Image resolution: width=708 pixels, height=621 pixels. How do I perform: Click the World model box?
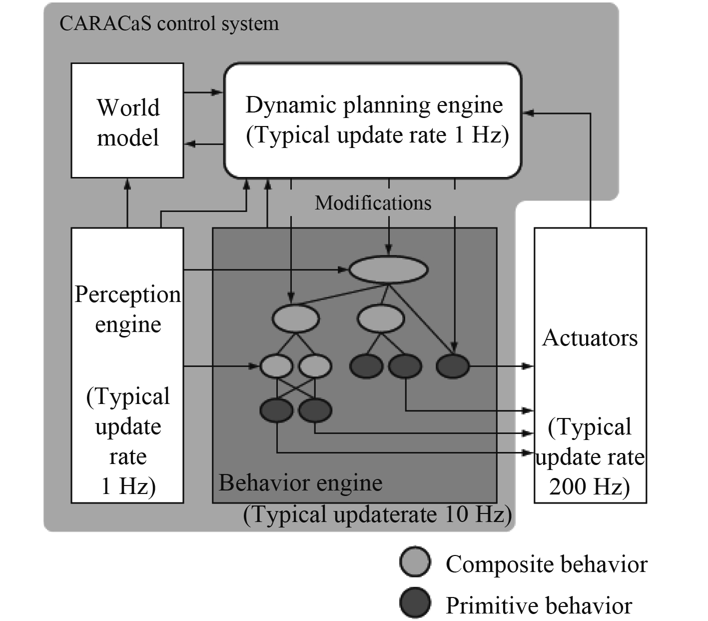point(127,120)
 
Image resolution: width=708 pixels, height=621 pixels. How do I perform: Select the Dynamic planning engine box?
point(373,120)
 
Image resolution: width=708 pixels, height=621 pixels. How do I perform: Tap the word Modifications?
point(373,203)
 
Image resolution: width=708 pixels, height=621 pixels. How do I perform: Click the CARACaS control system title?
point(169,23)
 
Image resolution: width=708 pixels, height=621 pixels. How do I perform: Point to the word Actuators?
point(590,338)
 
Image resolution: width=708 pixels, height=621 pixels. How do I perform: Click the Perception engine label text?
point(128,309)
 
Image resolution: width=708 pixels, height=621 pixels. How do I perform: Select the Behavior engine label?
point(300,483)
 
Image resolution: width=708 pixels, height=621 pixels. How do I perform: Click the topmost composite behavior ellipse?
point(388,270)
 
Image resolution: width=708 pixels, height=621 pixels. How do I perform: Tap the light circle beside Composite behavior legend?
point(415,562)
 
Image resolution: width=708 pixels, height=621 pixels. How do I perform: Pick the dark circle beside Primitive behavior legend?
point(415,603)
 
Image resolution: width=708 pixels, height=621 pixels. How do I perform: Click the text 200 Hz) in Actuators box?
point(590,486)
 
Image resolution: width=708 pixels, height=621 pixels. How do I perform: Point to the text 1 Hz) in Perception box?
point(128,486)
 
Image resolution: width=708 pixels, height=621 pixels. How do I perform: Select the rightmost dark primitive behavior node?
point(453,366)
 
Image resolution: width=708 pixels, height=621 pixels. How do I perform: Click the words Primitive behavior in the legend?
point(539,605)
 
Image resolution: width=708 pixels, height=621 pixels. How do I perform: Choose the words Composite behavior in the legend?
point(547,564)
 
